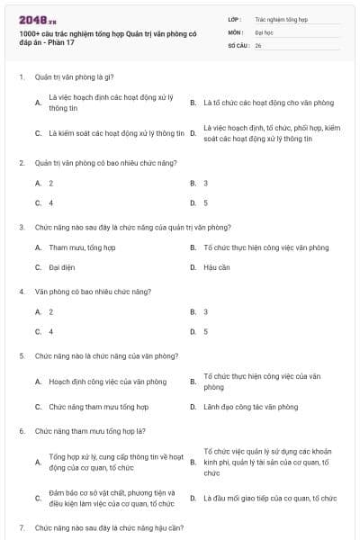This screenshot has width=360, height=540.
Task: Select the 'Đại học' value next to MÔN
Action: point(264,31)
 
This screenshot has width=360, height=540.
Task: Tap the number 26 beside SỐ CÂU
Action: point(258,44)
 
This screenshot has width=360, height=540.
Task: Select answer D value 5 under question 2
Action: point(205,202)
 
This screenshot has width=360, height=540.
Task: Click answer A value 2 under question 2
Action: point(51,183)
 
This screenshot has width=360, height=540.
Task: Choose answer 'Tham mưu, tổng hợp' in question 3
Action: point(82,247)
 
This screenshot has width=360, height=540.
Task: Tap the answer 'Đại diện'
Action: point(61,267)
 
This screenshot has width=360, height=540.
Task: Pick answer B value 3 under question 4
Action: point(205,311)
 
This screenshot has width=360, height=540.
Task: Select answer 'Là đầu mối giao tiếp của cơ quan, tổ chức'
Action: point(270,498)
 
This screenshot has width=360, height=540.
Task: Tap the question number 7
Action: point(21,526)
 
